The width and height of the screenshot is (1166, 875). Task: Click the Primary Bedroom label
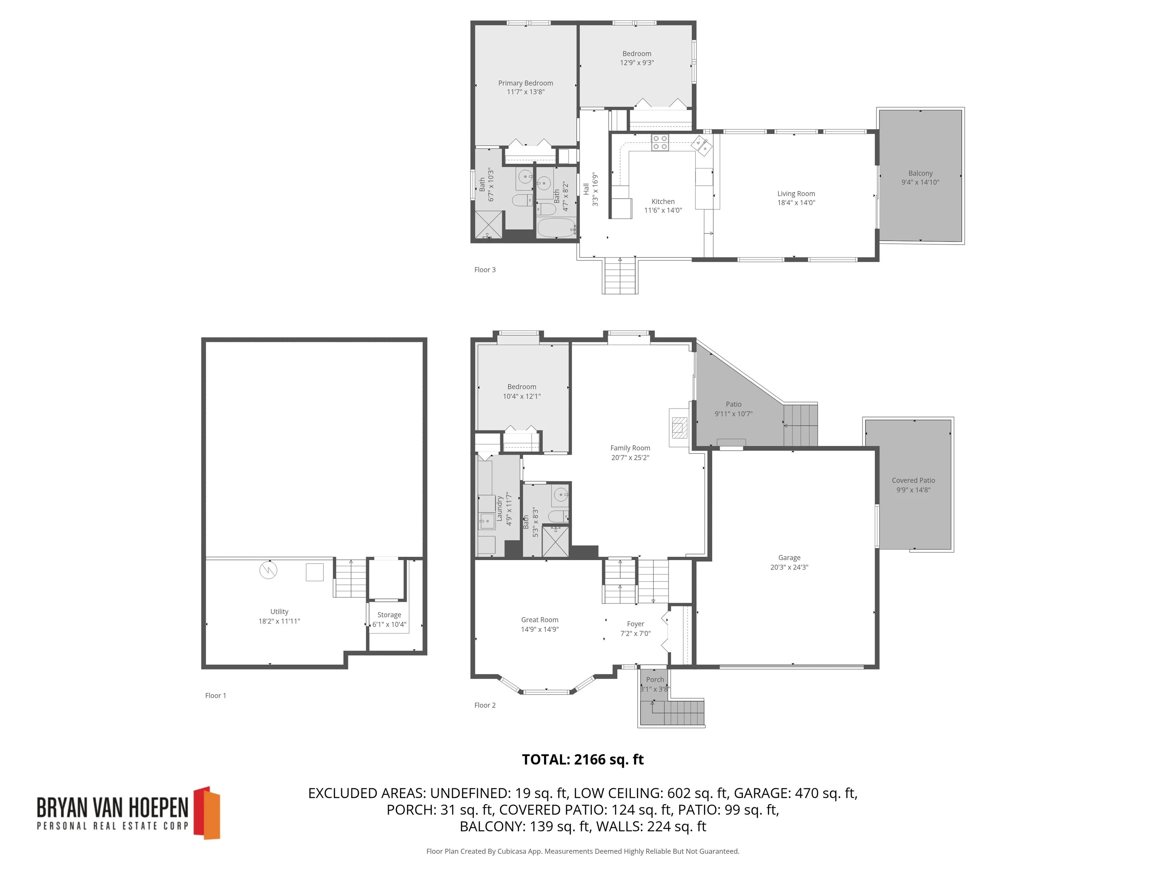(526, 83)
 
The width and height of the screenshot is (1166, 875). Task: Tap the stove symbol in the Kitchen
(659, 142)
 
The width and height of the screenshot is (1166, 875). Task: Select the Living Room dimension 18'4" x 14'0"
(796, 202)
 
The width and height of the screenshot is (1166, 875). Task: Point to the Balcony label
(920, 173)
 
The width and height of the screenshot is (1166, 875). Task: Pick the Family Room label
(630, 448)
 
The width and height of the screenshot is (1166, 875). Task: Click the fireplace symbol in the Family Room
(679, 427)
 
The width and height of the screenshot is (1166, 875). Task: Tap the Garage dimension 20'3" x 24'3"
(789, 567)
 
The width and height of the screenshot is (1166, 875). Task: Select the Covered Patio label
(913, 480)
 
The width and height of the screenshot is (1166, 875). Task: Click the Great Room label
(539, 620)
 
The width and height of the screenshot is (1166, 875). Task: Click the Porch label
(655, 679)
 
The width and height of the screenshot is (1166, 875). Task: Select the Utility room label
(279, 611)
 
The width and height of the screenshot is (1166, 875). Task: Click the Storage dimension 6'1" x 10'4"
(389, 624)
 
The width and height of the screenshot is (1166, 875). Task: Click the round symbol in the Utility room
(268, 570)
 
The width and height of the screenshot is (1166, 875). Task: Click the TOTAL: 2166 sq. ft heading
(583, 760)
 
